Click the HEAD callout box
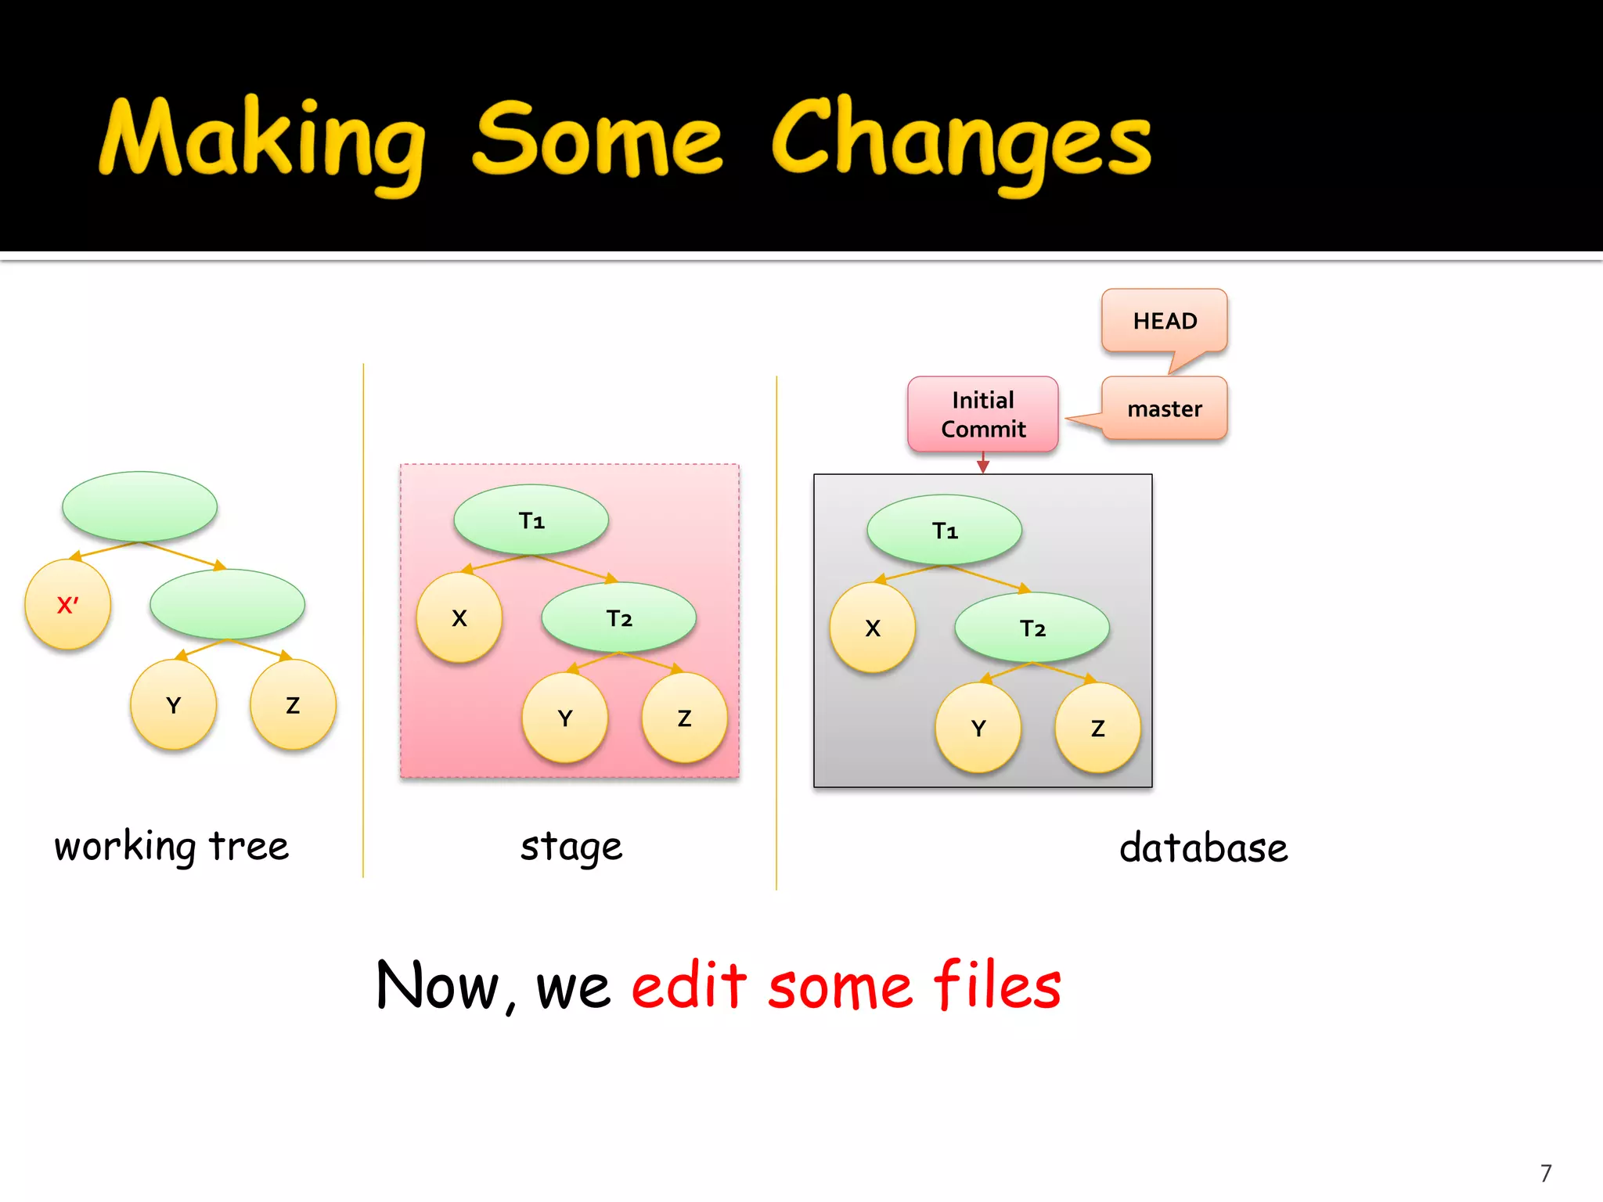[1164, 321]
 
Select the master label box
[1164, 408]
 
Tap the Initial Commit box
[982, 414]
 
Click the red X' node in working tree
[67, 605]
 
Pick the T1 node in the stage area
[531, 520]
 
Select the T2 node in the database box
[1032, 628]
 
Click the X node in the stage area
[459, 618]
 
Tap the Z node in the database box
[1097, 728]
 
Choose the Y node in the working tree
[174, 705]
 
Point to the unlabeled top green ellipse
[139, 506]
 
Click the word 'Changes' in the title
[961, 141]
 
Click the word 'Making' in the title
[262, 141]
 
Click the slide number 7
[1545, 1173]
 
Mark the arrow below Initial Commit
[983, 463]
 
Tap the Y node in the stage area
[565, 718]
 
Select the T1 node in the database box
[945, 531]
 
